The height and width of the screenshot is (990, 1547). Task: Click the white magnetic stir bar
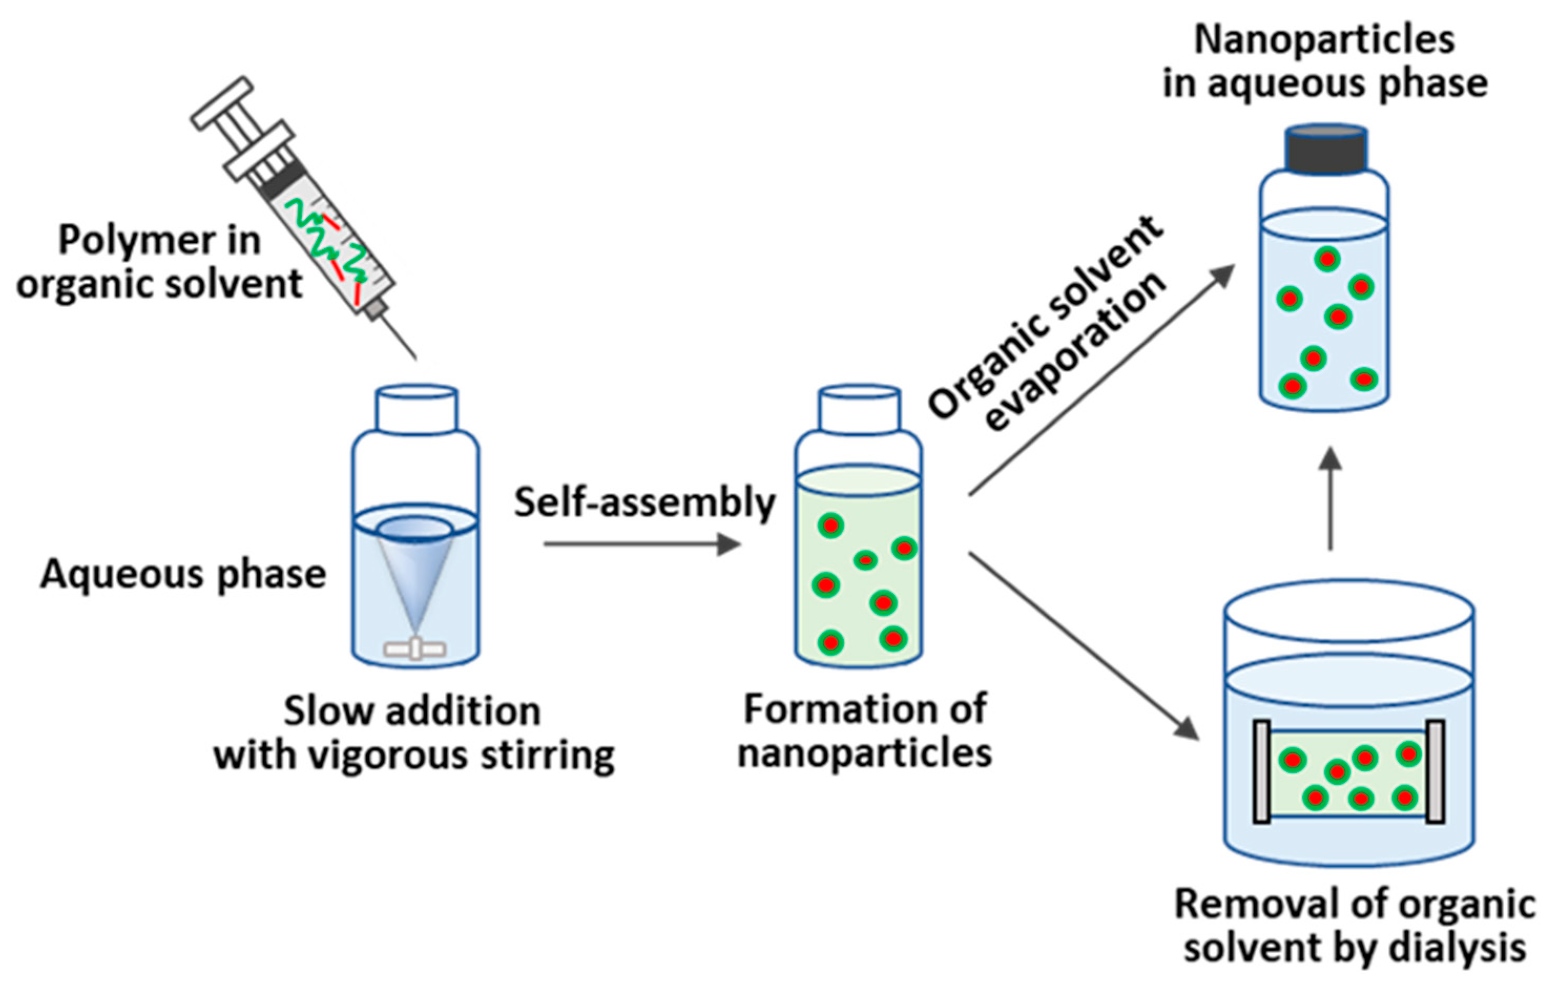click(415, 649)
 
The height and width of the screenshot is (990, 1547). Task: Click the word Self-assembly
click(645, 502)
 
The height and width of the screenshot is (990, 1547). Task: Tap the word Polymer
click(137, 241)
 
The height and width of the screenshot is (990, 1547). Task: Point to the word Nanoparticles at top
click(1324, 40)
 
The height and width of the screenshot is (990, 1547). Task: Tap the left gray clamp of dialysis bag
click(1261, 772)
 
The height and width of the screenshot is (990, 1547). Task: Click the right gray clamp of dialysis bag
click(1435, 772)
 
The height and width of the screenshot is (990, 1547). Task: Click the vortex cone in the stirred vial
click(415, 566)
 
